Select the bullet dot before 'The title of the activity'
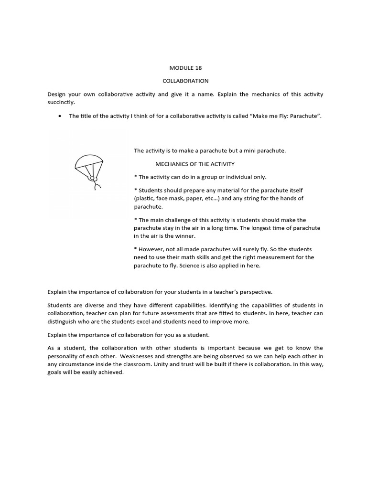click(x=59, y=116)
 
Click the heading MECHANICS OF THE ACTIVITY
click(x=195, y=164)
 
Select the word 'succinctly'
click(x=61, y=102)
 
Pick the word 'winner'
click(x=185, y=236)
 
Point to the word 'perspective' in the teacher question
click(x=256, y=292)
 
